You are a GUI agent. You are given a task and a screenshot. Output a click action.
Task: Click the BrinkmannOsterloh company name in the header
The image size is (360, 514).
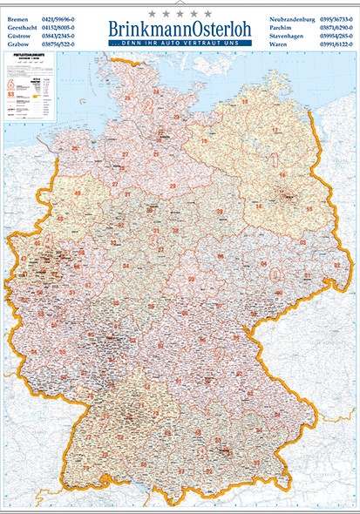tap(180, 29)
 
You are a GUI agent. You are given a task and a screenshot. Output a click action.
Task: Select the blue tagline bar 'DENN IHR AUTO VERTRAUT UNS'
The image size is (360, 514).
tap(180, 43)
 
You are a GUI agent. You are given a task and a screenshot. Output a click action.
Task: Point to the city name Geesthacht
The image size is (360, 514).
tap(22, 26)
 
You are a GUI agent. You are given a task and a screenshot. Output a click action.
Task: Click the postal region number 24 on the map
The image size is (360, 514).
tap(155, 91)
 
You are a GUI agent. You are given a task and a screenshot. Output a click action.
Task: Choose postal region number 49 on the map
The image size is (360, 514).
tap(77, 193)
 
